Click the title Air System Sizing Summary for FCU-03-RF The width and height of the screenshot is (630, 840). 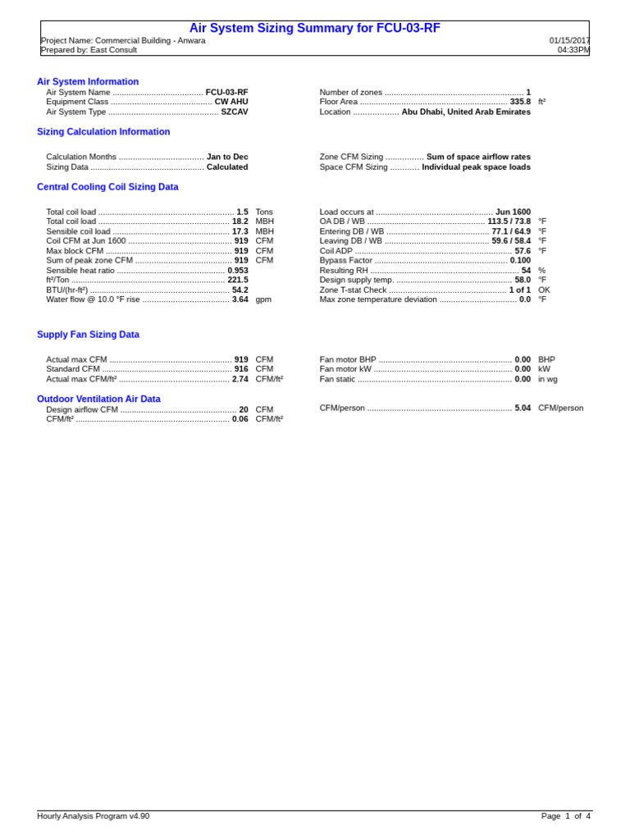pos(314,28)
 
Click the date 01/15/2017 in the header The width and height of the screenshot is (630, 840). pos(569,40)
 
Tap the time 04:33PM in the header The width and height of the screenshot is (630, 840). pos(574,50)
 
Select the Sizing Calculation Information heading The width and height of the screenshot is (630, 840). pos(103,132)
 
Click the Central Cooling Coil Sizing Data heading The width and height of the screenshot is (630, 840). pos(107,187)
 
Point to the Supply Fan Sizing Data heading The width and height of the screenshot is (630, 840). pos(88,335)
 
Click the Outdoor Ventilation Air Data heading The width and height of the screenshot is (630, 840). pos(98,399)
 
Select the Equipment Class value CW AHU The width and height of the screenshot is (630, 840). pos(231,102)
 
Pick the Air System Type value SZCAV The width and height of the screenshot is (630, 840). pos(234,112)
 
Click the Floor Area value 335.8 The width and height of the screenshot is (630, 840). pos(520,102)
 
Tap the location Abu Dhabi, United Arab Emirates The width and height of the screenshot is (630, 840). pos(466,112)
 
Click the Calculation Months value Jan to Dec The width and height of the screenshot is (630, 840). pos(227,157)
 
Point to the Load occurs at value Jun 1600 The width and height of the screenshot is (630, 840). pos(513,212)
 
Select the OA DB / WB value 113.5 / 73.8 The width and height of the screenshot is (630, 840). pos(509,221)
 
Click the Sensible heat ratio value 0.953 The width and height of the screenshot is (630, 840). pos(238,270)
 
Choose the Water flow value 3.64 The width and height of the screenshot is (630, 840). pos(240,299)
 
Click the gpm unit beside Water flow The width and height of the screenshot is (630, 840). pos(263,299)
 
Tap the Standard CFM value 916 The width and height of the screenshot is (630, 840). pos(241,369)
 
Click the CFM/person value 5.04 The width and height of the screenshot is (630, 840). pos(523,408)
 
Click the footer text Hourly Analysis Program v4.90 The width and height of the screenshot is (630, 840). pos(93,816)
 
